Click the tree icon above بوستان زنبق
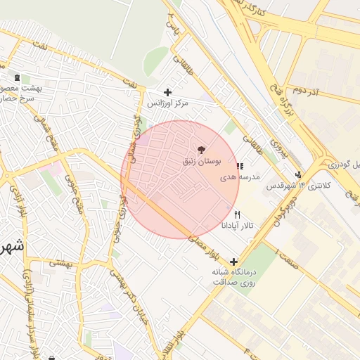(202, 150)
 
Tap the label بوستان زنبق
(202, 162)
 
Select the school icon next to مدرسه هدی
(240, 167)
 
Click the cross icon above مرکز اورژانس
(167, 92)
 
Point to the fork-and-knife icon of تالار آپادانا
(237, 214)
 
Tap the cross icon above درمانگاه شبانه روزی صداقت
(233, 262)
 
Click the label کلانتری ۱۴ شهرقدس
(288, 186)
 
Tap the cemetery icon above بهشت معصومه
(17, 77)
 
